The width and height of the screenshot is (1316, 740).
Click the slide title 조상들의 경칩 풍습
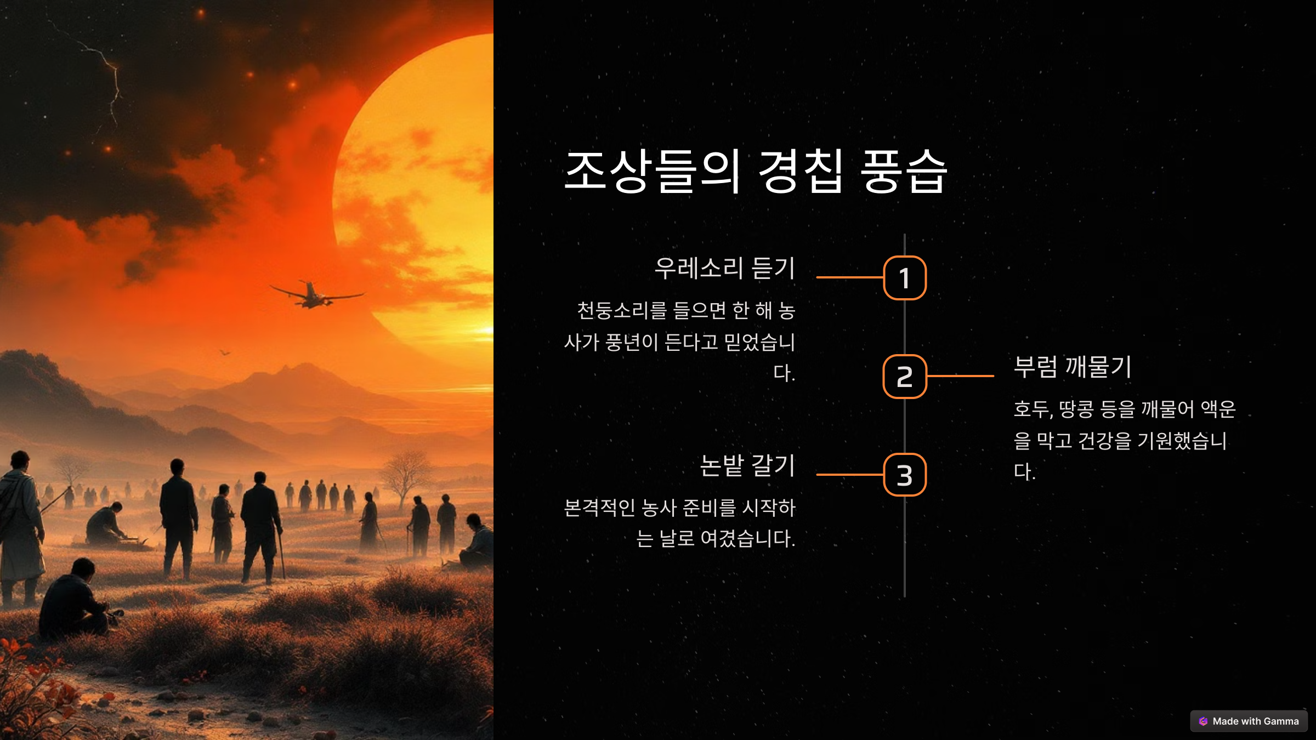point(756,171)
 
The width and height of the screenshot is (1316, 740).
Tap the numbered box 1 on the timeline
point(905,278)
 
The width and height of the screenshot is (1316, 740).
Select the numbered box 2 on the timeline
point(905,377)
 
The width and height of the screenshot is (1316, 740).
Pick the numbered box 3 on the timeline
point(905,475)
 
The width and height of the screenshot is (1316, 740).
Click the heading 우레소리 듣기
point(724,269)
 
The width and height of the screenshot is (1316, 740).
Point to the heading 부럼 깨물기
point(1073,367)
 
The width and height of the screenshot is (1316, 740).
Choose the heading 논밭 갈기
point(747,466)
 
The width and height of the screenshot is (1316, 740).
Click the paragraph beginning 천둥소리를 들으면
point(680,341)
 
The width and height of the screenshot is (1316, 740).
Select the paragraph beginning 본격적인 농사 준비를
point(680,522)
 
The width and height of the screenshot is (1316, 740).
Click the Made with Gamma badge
point(1249,721)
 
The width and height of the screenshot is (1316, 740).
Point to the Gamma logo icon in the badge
point(1203,721)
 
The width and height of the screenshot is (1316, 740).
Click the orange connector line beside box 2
point(960,376)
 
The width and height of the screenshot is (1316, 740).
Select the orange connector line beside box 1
point(849,277)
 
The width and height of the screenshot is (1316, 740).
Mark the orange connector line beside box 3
point(849,475)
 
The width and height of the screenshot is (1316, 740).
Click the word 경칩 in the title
point(801,171)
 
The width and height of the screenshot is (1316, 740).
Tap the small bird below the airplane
point(225,352)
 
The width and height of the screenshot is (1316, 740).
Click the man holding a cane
point(262,526)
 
